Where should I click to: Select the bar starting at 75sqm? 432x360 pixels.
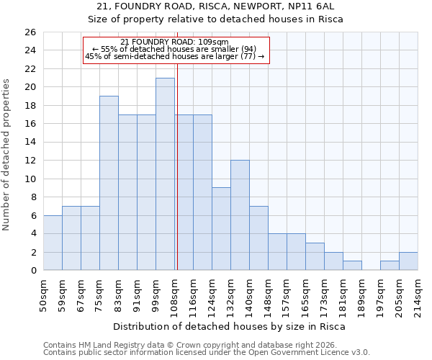109,183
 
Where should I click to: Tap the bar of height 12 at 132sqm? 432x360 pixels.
240,215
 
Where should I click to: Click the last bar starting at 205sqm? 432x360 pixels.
408,261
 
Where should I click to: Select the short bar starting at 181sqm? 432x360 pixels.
352,266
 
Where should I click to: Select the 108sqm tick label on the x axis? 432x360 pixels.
174,294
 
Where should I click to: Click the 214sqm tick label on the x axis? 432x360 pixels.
418,294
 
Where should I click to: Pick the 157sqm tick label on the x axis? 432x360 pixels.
287,294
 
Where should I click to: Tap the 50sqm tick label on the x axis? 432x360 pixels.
43,294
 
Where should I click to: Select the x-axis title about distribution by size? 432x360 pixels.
230,326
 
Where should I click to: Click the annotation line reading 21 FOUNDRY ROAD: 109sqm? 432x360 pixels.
175,42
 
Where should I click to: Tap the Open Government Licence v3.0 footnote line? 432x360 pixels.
207,353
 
